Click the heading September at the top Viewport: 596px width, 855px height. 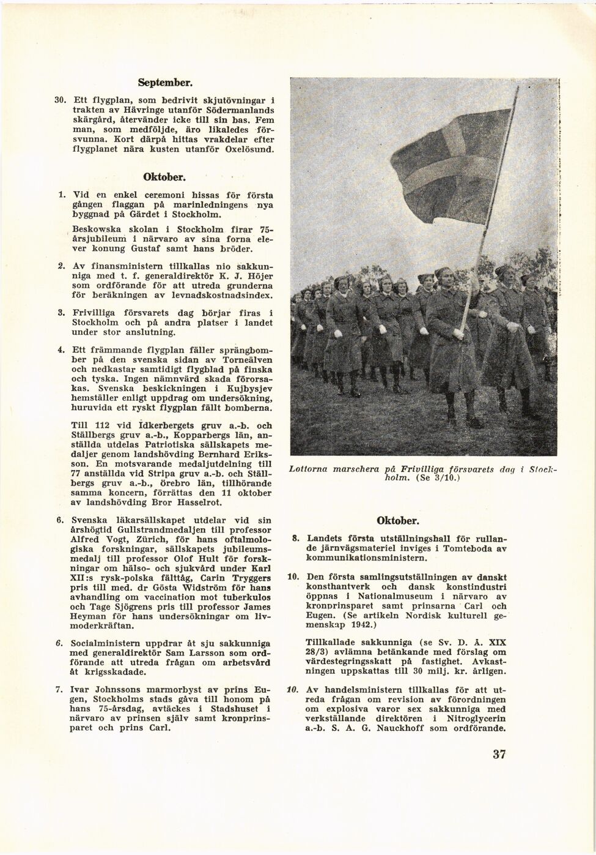(165, 81)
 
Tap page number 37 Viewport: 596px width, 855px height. (499, 754)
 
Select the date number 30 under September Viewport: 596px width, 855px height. (61, 100)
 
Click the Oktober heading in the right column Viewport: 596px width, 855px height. (397, 521)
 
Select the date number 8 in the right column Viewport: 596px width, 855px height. (295, 539)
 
